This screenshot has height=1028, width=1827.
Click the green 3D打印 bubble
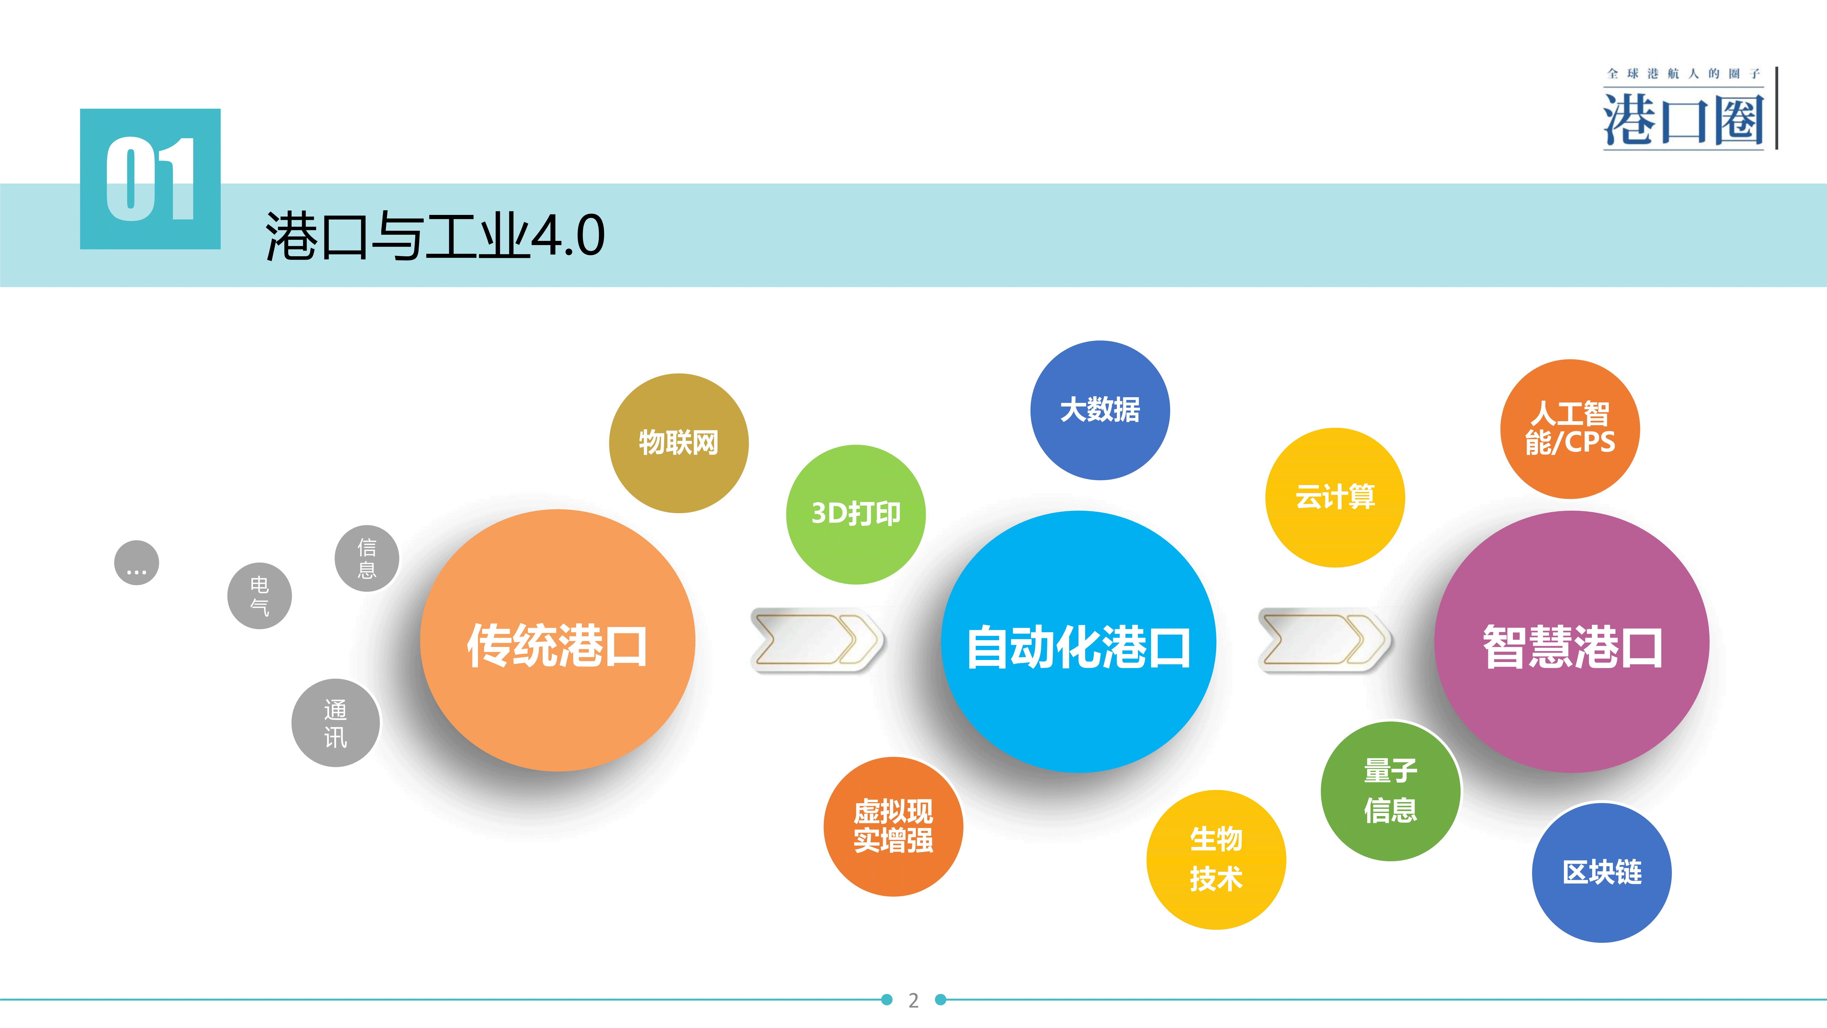pos(856,514)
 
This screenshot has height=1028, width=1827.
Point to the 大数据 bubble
pos(1100,410)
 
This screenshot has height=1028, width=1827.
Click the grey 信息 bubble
pos(367,558)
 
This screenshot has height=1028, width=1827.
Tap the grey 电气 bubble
pos(260,596)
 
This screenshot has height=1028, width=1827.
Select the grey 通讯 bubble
pos(335,723)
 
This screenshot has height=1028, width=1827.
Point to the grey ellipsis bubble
pos(137,563)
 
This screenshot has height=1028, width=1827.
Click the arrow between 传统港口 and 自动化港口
pos(817,640)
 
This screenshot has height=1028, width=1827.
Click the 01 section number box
pos(150,179)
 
